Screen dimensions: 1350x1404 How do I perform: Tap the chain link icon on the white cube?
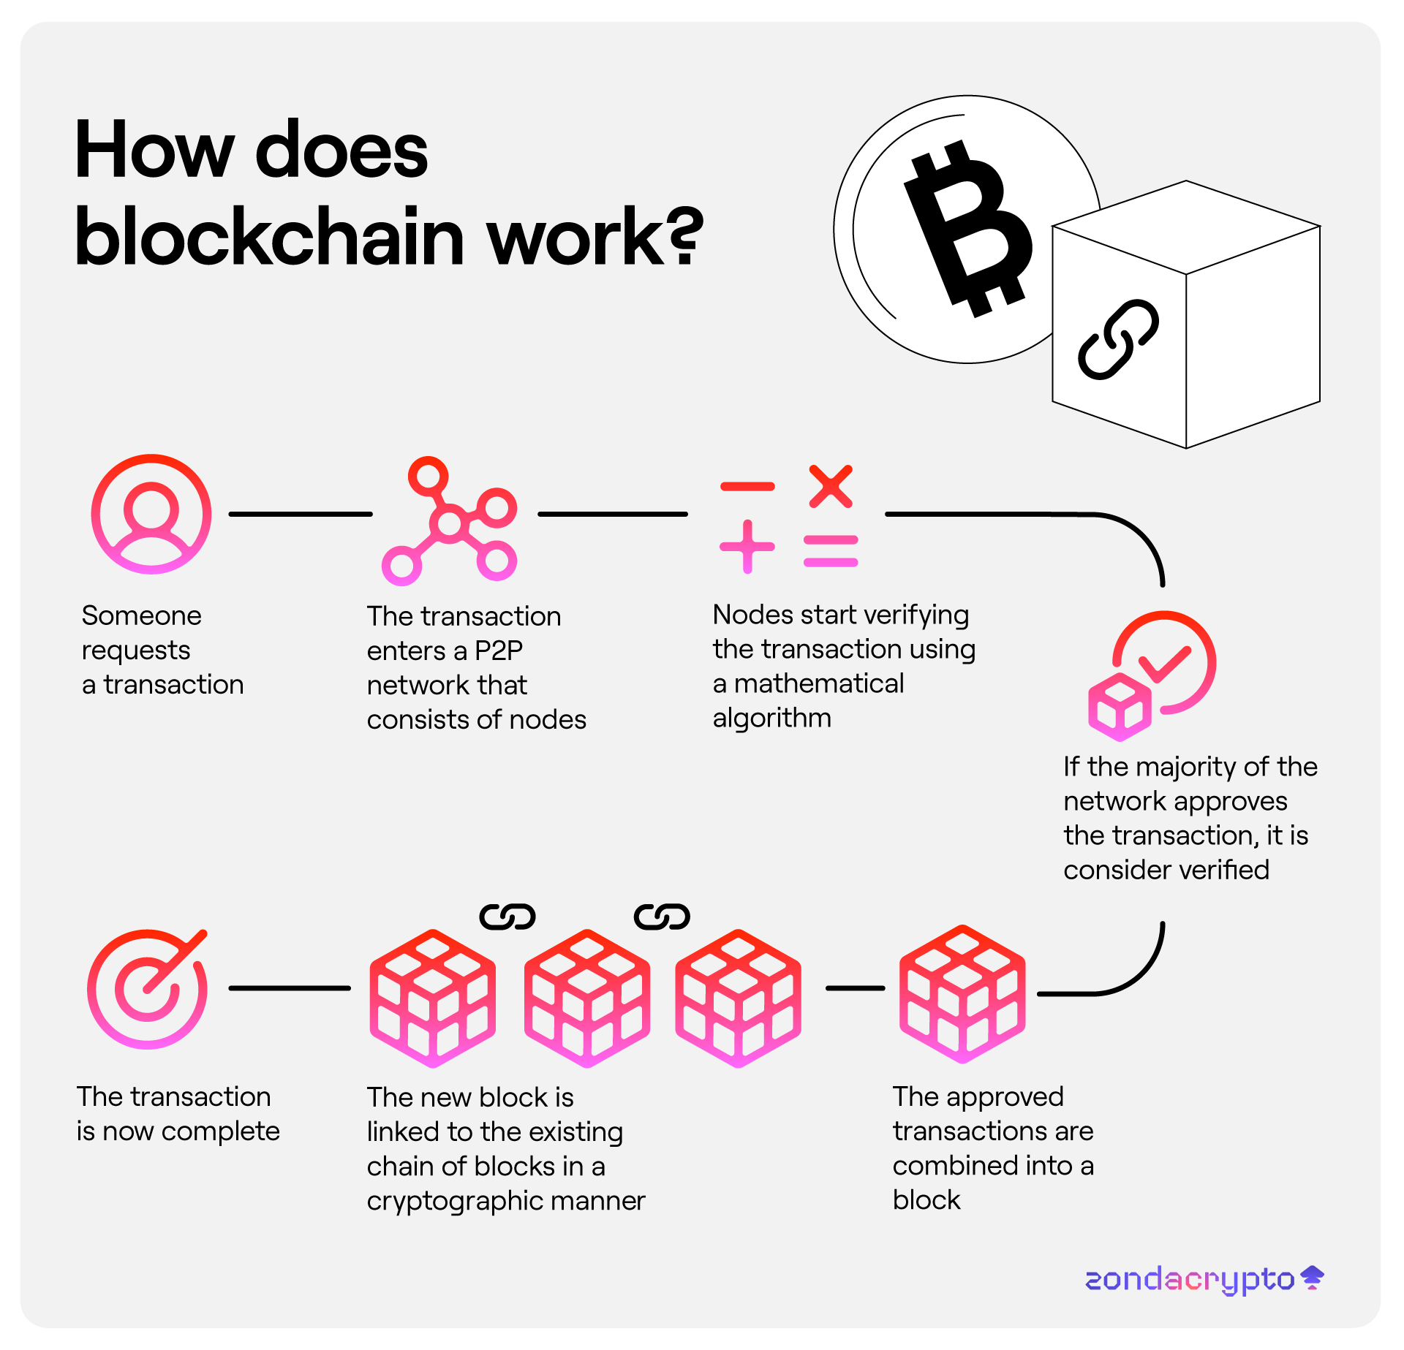click(1118, 339)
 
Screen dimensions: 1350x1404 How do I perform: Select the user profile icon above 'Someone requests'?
click(151, 514)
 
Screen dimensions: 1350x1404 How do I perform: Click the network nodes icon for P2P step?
click(449, 522)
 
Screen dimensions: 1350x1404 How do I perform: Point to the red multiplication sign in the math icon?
click(831, 486)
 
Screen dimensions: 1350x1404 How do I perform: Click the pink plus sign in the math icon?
click(747, 547)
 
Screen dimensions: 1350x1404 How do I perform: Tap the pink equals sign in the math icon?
click(831, 552)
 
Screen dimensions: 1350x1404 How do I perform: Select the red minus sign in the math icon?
click(747, 487)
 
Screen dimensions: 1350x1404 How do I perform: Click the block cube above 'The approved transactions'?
click(962, 994)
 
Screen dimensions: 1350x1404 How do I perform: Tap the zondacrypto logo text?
click(1190, 1280)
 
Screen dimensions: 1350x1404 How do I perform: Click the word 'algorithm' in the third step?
click(772, 718)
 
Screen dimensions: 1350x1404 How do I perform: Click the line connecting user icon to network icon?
click(301, 515)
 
